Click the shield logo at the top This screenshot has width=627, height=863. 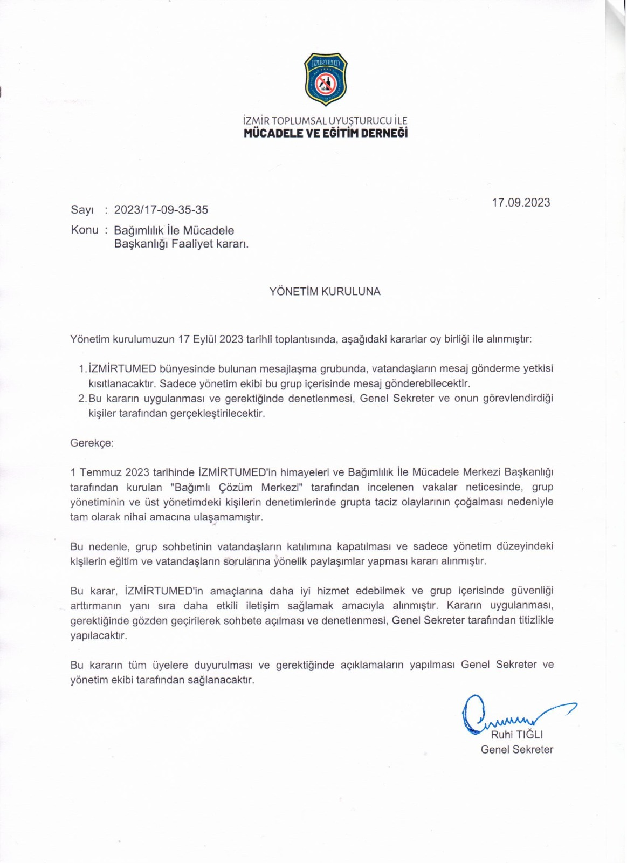(326, 79)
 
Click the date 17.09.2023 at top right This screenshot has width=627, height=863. (521, 203)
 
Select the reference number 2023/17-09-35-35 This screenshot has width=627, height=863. (161, 210)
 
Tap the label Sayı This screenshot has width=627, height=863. (82, 210)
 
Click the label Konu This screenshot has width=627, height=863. (85, 230)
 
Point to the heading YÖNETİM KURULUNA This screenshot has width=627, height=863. (325, 292)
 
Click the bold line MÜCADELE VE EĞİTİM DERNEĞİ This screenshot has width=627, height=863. (326, 133)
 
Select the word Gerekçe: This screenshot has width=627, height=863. (92, 443)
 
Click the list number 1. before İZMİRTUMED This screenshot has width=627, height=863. (82, 369)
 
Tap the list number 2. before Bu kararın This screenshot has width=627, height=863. (82, 399)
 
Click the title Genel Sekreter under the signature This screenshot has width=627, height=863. (516, 750)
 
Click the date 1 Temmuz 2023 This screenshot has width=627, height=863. (109, 472)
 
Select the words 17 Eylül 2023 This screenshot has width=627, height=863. (211, 340)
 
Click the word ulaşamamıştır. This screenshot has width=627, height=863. (228, 517)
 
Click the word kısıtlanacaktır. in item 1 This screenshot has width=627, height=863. (122, 384)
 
